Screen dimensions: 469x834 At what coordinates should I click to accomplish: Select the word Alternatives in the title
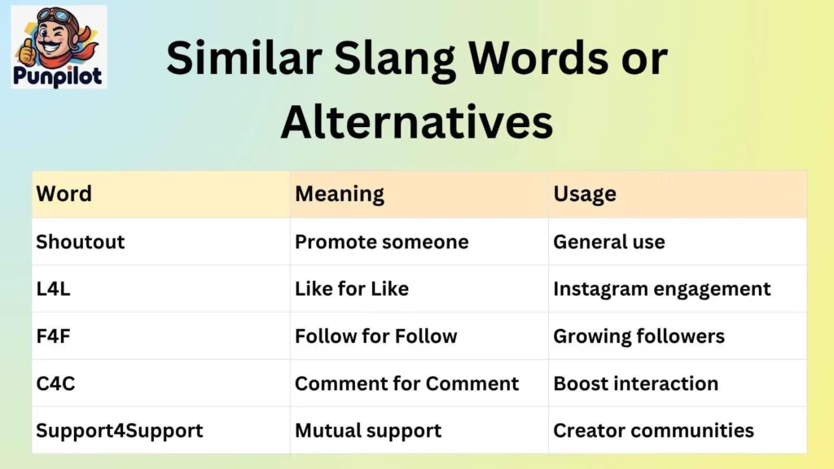[x=417, y=121]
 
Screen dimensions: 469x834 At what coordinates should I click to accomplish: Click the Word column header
[x=64, y=194]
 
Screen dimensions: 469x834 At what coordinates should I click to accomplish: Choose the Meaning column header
[x=340, y=194]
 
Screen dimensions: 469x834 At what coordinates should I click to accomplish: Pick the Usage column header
[x=585, y=194]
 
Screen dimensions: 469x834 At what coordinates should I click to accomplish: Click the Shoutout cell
[x=81, y=242]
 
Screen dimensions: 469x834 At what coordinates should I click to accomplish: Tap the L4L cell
[x=54, y=289]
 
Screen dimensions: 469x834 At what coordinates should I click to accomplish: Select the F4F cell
[x=54, y=336]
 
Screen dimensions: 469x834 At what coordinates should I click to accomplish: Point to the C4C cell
[x=55, y=384]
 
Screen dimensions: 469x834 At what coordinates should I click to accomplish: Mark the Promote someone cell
[x=381, y=242]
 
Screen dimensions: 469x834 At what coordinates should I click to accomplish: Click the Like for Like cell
[x=352, y=289]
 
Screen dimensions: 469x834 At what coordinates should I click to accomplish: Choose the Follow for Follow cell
[x=375, y=336]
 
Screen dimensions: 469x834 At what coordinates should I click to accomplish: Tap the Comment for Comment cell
[x=406, y=384]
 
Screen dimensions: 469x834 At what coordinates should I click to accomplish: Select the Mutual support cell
[x=368, y=431]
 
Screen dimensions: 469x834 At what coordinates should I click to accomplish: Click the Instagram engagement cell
[x=661, y=289]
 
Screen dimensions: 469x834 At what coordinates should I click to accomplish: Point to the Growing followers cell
[x=639, y=336]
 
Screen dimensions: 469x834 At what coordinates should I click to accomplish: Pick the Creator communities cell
[x=653, y=431]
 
